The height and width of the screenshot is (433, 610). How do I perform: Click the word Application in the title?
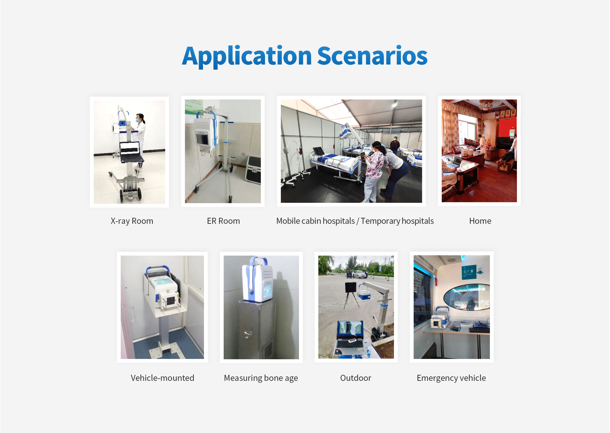(247, 57)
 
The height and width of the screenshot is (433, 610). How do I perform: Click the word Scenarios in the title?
(372, 56)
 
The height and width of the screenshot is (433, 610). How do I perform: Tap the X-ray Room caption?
(132, 221)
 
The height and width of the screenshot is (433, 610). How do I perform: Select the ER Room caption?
(223, 221)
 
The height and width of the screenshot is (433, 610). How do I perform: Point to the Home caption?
(480, 221)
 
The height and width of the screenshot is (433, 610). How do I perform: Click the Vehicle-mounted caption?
(162, 378)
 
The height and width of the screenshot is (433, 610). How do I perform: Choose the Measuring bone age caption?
(261, 378)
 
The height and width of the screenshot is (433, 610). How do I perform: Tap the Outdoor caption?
(356, 378)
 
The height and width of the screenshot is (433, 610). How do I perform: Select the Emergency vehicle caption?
(451, 378)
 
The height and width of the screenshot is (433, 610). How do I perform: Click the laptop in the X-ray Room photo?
(130, 152)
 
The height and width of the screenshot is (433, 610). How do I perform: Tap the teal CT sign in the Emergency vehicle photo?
(469, 272)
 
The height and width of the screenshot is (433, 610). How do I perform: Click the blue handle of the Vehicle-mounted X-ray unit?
(158, 269)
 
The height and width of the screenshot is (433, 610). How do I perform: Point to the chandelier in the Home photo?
(486, 104)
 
